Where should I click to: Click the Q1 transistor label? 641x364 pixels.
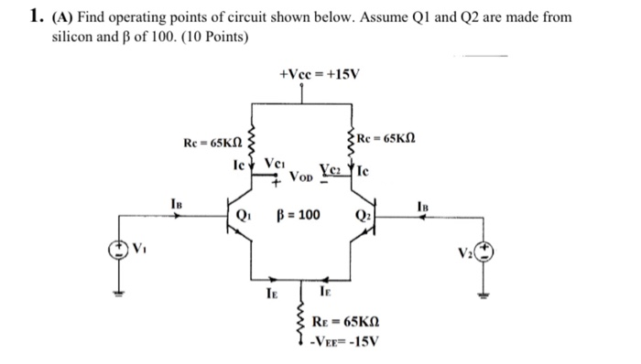244,217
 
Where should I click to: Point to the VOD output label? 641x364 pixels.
303,175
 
